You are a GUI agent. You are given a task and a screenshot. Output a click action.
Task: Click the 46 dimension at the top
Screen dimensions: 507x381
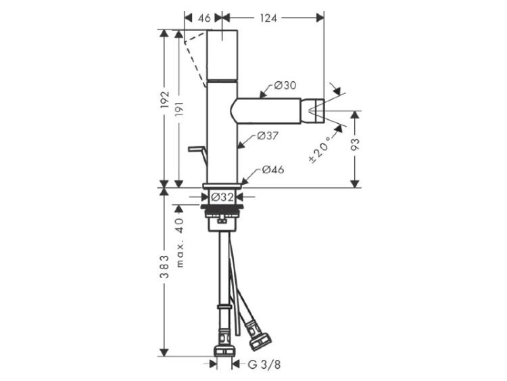204,18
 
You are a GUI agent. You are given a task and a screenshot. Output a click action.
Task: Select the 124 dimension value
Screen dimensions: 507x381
268,18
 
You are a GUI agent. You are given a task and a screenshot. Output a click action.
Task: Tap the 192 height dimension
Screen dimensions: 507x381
165,99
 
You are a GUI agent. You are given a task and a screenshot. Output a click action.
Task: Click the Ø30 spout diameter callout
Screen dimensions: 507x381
285,85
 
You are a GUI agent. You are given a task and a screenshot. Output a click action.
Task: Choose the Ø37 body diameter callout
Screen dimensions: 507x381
268,135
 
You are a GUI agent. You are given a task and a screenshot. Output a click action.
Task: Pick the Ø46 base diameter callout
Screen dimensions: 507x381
273,169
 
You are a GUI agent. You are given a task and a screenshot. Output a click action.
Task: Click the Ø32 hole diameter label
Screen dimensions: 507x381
222,197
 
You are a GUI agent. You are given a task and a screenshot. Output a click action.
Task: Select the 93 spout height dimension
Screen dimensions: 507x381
355,144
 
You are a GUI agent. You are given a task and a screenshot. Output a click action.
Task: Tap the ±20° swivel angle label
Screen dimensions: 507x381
320,150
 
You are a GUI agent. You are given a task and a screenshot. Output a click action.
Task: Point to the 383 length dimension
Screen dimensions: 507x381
165,267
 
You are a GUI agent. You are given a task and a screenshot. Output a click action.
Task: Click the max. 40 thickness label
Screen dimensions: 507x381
180,242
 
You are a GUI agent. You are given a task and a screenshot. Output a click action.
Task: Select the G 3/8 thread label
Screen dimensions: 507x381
264,365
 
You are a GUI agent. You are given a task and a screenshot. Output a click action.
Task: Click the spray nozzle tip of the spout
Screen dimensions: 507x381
316,111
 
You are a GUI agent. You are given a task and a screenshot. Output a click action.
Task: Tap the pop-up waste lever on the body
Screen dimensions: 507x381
198,154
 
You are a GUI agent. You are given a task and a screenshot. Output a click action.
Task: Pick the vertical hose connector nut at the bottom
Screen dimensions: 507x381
224,351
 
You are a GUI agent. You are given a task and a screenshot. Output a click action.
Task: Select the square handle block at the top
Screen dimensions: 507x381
222,55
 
